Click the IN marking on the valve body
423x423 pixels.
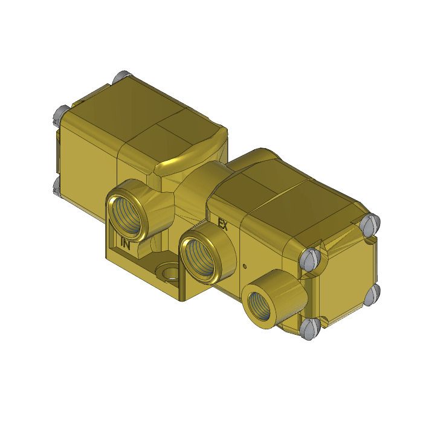click(126, 244)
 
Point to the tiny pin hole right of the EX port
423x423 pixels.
click(244, 266)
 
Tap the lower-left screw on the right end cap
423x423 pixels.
click(309, 329)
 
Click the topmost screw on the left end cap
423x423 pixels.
click(118, 78)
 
